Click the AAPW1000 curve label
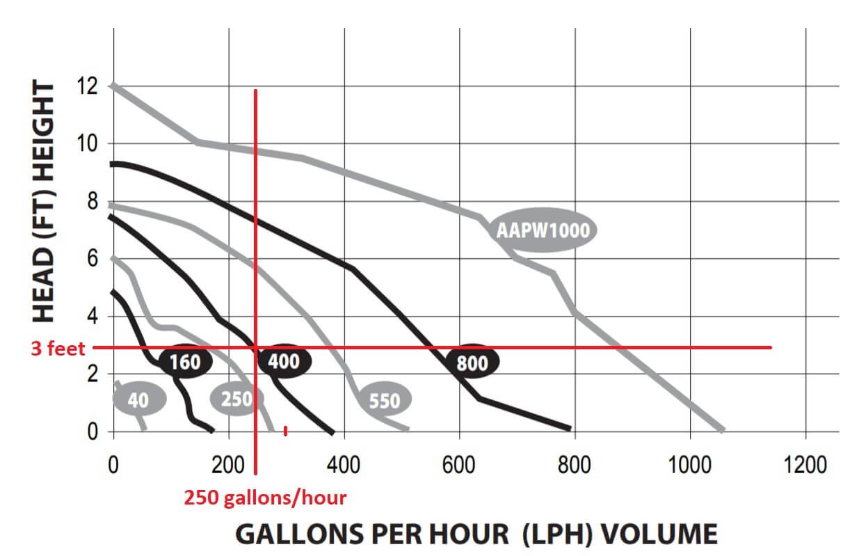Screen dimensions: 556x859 [x=543, y=230]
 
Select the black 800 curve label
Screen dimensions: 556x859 [x=472, y=363]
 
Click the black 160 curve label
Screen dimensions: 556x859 [x=184, y=362]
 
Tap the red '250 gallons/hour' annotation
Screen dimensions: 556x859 [x=265, y=498]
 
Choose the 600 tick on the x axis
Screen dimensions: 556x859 [x=459, y=465]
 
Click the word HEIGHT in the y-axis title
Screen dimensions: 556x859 [x=43, y=132]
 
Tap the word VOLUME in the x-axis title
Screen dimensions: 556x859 [x=659, y=534]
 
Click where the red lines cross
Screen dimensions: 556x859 [x=256, y=347]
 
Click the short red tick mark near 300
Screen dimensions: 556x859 [x=285, y=431]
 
